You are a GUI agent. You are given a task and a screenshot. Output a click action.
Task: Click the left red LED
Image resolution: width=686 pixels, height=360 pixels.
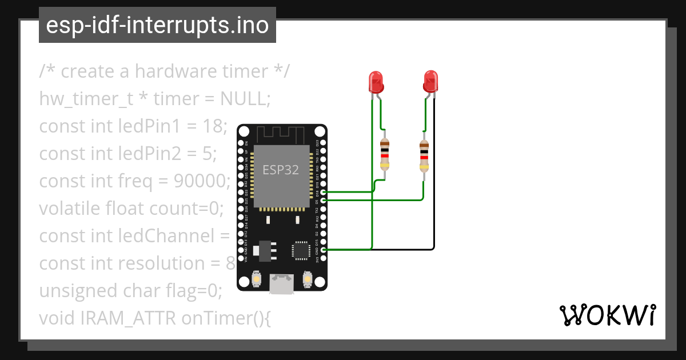click(x=376, y=82)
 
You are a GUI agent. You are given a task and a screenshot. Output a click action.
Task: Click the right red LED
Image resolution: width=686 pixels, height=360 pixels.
click(x=430, y=82)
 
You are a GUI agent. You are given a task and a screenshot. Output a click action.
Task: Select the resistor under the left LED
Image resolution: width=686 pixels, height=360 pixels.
click(x=385, y=154)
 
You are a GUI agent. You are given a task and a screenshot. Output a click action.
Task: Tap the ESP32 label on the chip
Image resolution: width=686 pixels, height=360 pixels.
click(x=280, y=170)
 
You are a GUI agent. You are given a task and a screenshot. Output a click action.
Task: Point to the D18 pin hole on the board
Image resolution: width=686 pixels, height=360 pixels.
click(x=324, y=193)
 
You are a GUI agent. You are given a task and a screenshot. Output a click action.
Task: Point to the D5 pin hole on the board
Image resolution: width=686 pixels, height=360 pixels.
click(x=324, y=201)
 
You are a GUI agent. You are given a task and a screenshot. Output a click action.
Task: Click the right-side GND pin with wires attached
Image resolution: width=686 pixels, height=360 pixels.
click(x=324, y=250)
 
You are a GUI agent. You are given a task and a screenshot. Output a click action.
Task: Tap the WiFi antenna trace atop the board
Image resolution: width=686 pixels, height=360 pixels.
click(x=282, y=135)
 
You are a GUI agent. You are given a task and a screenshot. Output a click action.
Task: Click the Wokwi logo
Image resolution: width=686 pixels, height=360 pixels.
click(x=607, y=315)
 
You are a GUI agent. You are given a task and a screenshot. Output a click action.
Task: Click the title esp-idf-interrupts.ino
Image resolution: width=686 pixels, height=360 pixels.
click(x=157, y=25)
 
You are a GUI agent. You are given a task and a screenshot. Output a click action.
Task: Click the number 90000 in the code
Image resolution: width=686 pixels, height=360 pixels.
click(x=200, y=181)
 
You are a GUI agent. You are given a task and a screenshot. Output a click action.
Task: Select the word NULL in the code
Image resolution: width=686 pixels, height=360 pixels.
click(x=242, y=99)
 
